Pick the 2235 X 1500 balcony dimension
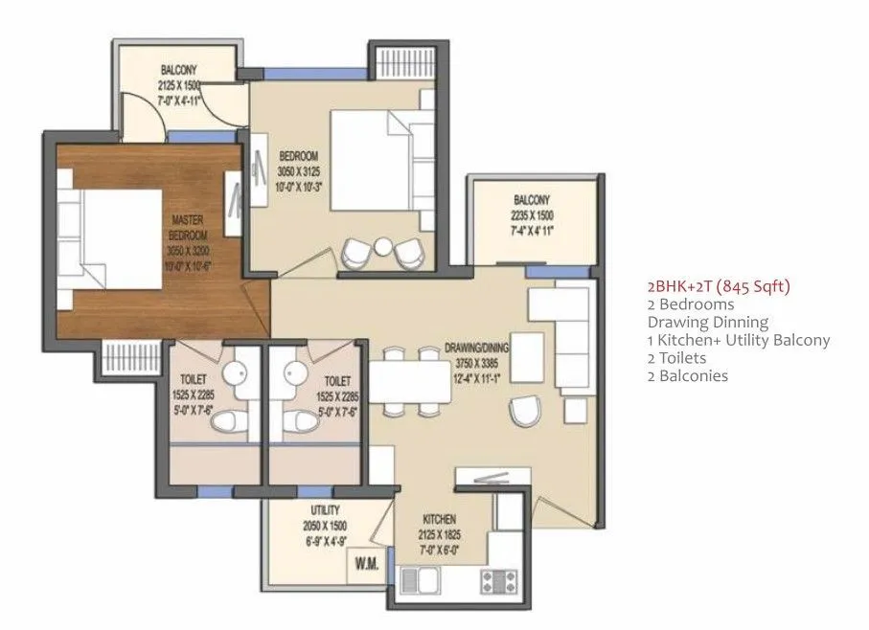pyautogui.click(x=531, y=216)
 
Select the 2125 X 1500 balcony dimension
pyautogui.click(x=179, y=84)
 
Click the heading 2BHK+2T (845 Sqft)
pyautogui.click(x=720, y=286)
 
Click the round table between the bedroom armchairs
pyautogui.click(x=383, y=246)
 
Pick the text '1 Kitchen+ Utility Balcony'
pyautogui.click(x=739, y=340)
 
